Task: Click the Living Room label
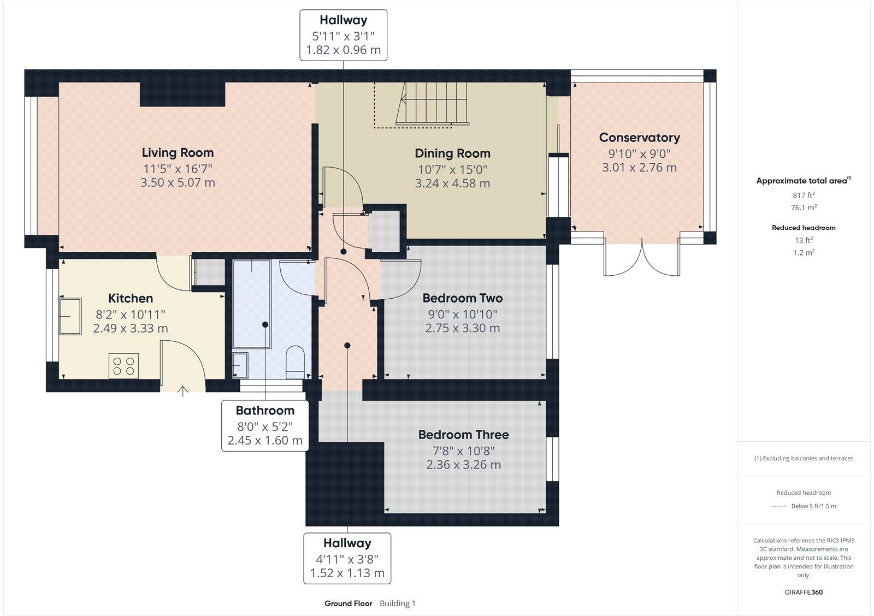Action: coord(178,152)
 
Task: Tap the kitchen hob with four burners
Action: coord(123,365)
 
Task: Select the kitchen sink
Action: coord(70,316)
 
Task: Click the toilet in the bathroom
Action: coord(295,360)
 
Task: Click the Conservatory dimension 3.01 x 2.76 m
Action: coord(639,168)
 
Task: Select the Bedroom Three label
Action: coord(463,435)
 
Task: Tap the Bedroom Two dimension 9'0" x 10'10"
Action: coord(462,314)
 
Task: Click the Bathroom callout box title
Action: coord(265,411)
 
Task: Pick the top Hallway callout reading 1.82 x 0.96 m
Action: coord(343,50)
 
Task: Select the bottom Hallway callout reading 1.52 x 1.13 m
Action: coord(347,573)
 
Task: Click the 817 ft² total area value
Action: coord(804,195)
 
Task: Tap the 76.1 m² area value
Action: coord(804,208)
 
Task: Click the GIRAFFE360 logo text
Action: coord(804,592)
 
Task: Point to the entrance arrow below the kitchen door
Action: coord(182,390)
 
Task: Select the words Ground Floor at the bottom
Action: coord(348,603)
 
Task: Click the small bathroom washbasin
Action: coord(240,365)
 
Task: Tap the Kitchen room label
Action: coord(131,298)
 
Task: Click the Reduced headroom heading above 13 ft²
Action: coord(804,228)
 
